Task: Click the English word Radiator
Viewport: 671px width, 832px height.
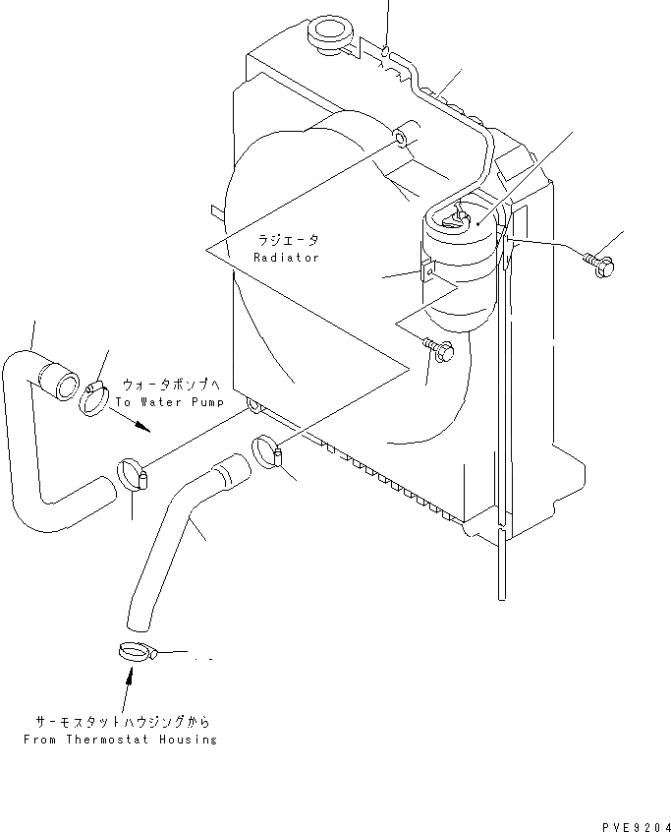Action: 287,258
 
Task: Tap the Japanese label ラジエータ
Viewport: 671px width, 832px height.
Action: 289,240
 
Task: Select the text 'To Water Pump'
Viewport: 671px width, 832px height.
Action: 169,402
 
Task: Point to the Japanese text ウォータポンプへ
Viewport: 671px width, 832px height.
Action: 173,385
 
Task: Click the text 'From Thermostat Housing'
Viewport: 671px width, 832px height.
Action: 120,739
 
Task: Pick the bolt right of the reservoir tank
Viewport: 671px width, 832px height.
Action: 602,263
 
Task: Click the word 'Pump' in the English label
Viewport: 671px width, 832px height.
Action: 206,402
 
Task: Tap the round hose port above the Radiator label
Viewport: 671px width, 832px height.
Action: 400,138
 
